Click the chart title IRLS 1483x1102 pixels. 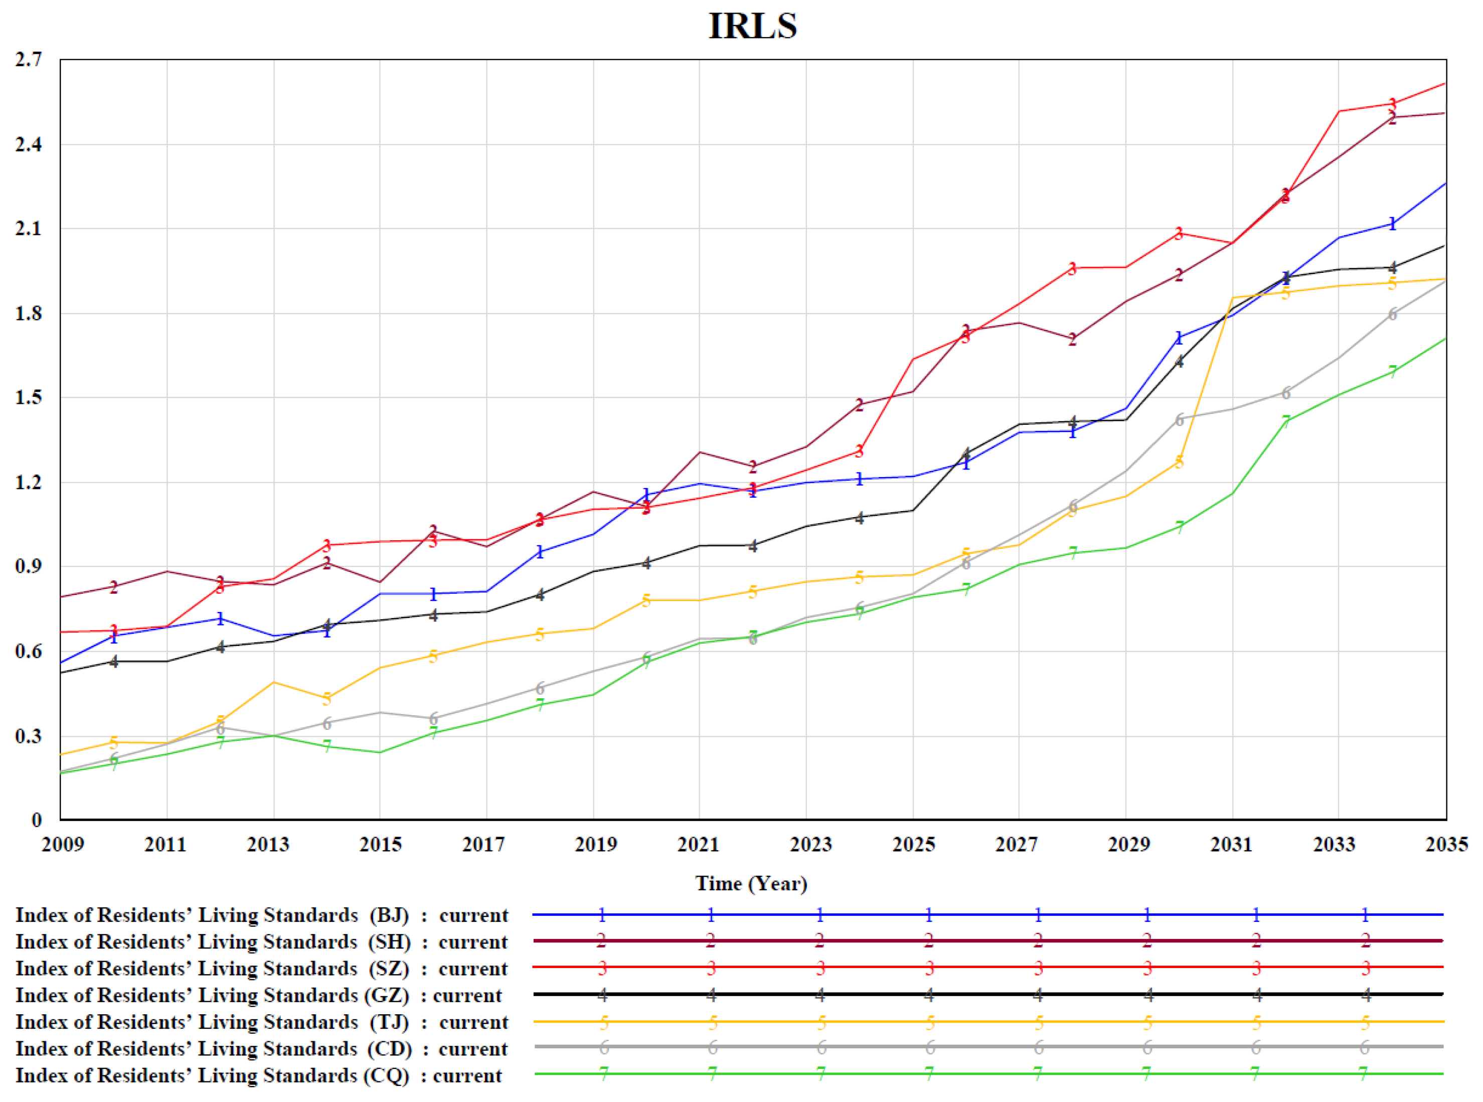752,26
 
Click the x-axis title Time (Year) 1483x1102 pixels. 751,883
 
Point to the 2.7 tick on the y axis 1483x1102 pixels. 29,59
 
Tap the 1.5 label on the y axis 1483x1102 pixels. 29,398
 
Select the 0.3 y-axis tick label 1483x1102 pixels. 29,736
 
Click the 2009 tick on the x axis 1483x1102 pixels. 63,845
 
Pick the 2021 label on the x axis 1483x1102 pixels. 699,845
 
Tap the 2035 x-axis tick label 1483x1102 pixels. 1446,845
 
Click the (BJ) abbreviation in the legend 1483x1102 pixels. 389,915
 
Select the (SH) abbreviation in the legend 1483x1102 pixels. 390,942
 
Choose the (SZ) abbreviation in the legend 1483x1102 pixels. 390,969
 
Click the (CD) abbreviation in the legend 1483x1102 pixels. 390,1049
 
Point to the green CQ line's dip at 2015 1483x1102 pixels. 380,752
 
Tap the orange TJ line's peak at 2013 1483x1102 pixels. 273,682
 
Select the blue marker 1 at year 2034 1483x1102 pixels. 1392,224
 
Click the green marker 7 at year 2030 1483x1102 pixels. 1180,526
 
